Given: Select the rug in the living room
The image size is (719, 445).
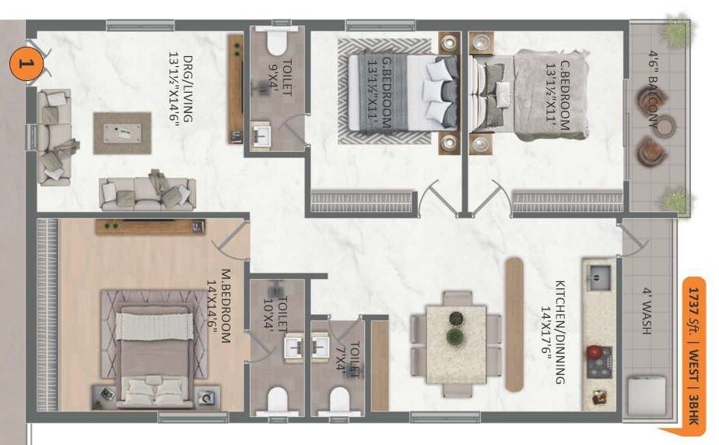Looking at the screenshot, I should [122, 132].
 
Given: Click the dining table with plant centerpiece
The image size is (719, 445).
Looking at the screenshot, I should [456, 343].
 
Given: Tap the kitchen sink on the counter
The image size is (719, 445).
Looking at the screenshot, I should [600, 275].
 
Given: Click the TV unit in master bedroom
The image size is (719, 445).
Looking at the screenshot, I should [150, 227].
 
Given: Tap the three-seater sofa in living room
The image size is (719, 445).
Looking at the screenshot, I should [146, 192].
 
